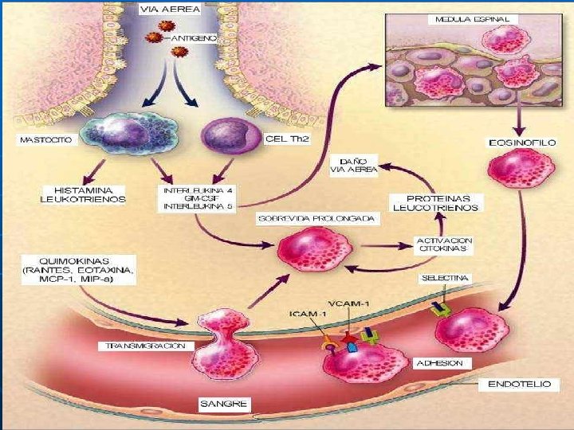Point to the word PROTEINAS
(436, 197)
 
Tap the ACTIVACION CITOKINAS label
(445, 244)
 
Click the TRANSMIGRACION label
(146, 346)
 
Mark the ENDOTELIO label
(518, 384)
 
